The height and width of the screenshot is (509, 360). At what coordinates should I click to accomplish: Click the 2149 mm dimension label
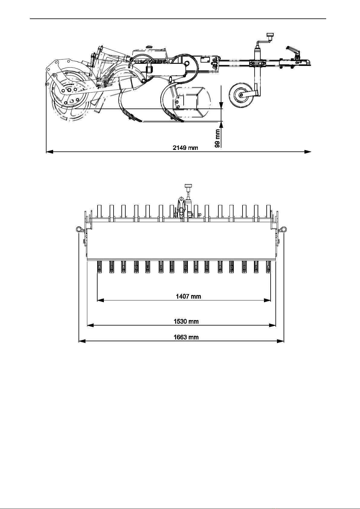185,148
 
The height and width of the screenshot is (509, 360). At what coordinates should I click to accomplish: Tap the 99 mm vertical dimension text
217,138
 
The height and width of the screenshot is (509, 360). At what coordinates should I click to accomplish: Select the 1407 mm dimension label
189,296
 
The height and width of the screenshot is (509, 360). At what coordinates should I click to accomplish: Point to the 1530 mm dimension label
186,321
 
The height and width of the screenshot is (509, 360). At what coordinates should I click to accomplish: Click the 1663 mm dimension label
186,337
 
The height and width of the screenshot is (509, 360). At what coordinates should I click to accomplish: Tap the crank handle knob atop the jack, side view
270,35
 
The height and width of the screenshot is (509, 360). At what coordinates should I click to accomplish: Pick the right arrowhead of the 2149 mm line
307,151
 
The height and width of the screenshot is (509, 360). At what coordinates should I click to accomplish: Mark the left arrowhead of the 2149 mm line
50,151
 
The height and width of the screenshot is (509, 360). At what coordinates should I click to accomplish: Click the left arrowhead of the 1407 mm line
100,300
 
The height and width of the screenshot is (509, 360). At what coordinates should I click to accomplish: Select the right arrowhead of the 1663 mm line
281,341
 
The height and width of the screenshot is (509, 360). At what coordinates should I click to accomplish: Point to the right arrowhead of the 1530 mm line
272,325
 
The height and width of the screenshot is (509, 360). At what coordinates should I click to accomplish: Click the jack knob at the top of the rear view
188,186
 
